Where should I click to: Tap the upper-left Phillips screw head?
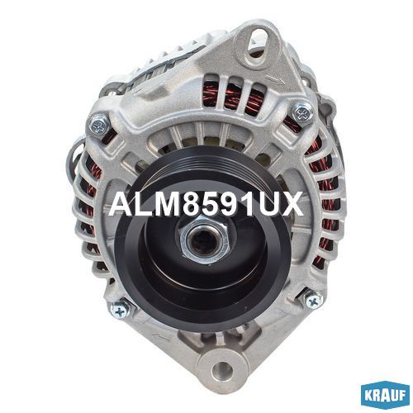99,125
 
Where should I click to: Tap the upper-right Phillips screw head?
302,112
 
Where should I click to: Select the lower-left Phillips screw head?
120,311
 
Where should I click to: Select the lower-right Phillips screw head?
314,301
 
